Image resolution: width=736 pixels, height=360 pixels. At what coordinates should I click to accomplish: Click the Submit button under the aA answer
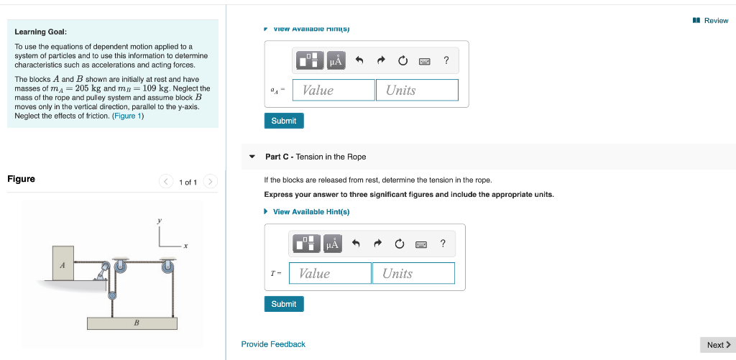coord(284,121)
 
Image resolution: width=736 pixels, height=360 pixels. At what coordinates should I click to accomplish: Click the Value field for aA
coord(333,90)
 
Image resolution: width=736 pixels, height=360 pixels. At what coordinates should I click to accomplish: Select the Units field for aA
coord(416,90)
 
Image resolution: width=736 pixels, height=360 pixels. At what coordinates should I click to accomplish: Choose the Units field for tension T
coord(413,273)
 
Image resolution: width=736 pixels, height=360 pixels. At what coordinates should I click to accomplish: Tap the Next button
coord(717,345)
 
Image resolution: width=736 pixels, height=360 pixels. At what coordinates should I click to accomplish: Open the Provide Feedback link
coord(273,344)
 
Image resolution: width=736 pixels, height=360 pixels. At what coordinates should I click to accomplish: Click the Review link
coord(711,20)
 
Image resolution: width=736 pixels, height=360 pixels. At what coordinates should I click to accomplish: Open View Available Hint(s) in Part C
coord(310,211)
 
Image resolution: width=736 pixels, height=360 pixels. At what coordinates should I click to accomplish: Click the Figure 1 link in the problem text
coord(128,116)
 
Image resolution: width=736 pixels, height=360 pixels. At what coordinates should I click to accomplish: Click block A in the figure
coord(63,264)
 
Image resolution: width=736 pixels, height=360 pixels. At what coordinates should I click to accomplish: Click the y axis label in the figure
coord(160,221)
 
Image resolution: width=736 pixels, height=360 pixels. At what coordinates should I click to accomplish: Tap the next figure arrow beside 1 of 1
coord(210,182)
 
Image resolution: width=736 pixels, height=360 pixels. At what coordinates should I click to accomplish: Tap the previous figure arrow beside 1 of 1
coord(166,182)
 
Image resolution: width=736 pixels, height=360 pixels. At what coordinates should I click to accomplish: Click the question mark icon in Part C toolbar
coord(443,244)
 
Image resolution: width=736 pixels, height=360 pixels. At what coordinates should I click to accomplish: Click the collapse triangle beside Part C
coord(252,157)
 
